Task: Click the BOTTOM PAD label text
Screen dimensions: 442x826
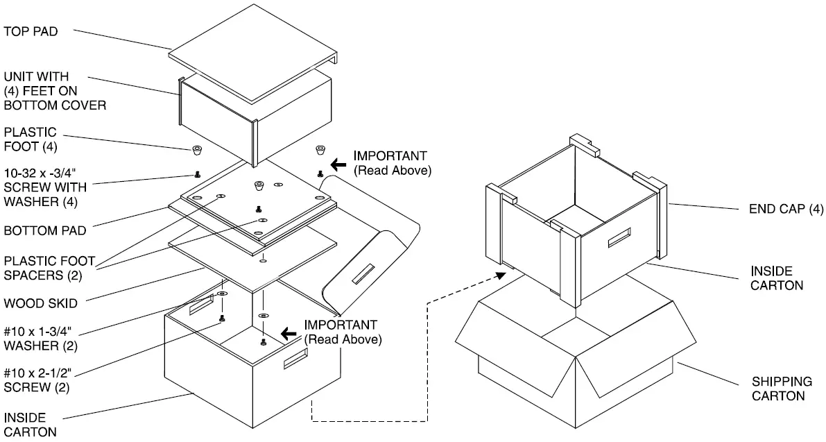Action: point(41,230)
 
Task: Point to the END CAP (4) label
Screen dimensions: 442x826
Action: point(785,208)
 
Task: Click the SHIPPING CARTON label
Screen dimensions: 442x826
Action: point(782,389)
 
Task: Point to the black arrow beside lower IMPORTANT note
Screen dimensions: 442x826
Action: point(289,333)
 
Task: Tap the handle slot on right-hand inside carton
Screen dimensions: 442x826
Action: point(619,237)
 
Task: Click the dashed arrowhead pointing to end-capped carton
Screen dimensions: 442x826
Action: point(500,275)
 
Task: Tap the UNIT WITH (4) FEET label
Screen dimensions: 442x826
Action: point(55,90)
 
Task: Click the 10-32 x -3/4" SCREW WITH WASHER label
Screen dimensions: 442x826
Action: point(50,187)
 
